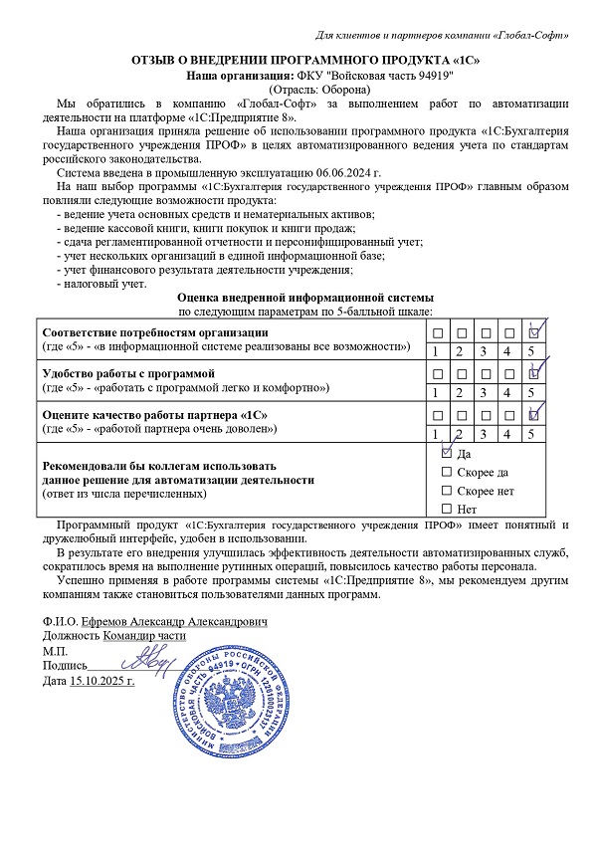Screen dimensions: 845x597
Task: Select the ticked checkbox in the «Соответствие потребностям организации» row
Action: [x=533, y=332]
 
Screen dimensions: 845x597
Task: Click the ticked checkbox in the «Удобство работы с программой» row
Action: [x=533, y=373]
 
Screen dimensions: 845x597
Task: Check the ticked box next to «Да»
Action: [x=446, y=452]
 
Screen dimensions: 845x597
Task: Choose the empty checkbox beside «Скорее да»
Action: [x=446, y=472]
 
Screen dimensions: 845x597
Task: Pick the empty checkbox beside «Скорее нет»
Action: [x=446, y=491]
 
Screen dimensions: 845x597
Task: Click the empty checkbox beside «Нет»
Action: [x=446, y=510]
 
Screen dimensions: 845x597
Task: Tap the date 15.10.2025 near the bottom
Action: [x=102, y=681]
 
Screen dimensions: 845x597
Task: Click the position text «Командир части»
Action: [x=144, y=635]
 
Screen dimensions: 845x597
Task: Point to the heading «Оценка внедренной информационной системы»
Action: [x=304, y=298]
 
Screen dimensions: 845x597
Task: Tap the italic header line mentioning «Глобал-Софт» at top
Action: [x=442, y=36]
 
